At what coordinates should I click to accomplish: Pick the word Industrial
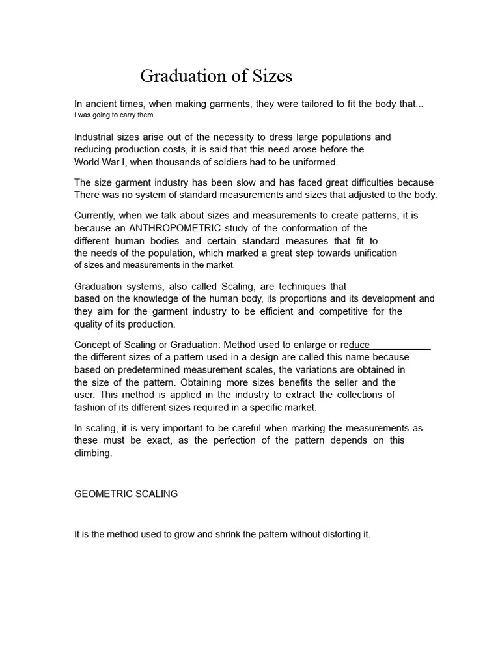pyautogui.click(x=95, y=137)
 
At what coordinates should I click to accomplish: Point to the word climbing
pyautogui.click(x=93, y=453)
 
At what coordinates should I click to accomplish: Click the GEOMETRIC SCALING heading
pyautogui.click(x=126, y=494)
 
